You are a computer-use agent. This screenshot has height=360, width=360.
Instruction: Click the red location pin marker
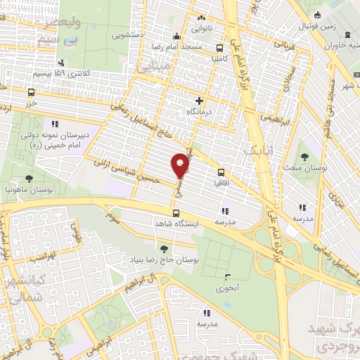pos(181,165)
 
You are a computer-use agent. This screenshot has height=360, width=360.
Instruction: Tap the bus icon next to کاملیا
pos(221,49)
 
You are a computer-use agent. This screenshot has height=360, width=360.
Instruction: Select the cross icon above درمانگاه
pos(200,101)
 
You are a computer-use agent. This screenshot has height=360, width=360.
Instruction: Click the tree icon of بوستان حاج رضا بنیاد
pos(164,248)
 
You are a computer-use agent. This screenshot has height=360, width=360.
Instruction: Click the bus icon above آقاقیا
pos(221,172)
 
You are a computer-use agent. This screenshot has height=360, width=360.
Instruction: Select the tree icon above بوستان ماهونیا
pos(27,179)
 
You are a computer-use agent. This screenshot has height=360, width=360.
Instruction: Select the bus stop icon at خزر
pos(31,92)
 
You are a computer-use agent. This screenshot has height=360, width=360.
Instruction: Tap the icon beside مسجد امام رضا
pos(176,37)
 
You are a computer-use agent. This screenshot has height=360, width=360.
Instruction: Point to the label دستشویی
pos(131,32)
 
